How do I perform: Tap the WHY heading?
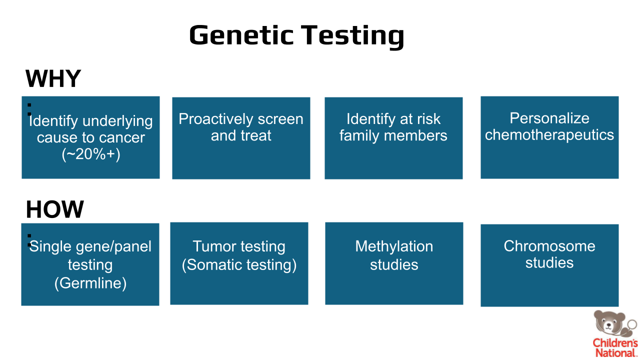tap(53, 78)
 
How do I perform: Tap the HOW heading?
tap(54, 209)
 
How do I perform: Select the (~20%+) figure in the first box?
tap(91, 154)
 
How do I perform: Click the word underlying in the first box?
tap(117, 121)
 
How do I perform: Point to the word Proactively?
tap(215, 119)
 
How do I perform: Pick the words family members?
tap(393, 135)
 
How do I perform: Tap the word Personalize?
tap(549, 118)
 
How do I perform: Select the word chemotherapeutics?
tap(549, 135)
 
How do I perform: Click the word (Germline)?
tap(90, 283)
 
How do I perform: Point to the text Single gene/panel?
tap(90, 247)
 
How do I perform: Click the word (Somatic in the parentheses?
tap(212, 265)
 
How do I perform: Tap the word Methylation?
tap(394, 246)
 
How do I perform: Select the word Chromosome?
tap(549, 246)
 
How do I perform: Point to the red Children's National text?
tap(615, 347)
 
